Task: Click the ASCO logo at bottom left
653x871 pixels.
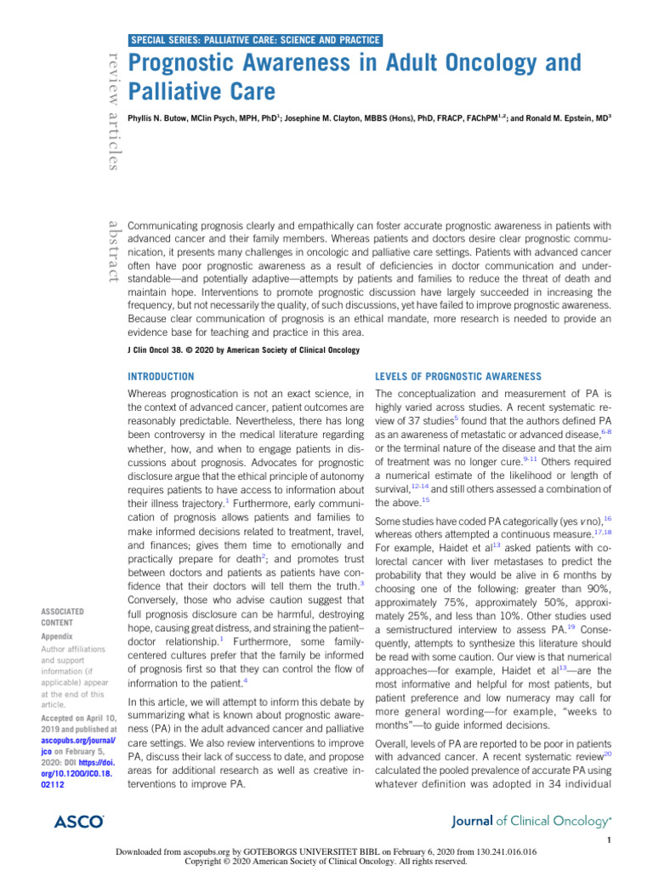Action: [78, 821]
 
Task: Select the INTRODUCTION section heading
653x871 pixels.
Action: [161, 376]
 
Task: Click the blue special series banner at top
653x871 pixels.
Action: [255, 39]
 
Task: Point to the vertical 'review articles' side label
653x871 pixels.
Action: [111, 109]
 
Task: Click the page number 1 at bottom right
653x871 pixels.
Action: [610, 840]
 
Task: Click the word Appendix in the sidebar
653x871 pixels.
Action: [58, 635]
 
